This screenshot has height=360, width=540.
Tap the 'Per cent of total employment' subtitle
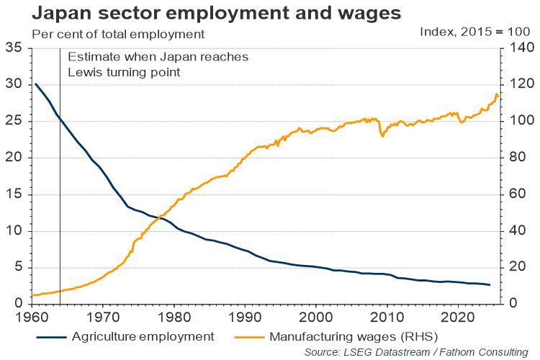118,34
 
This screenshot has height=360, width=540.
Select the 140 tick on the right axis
516,48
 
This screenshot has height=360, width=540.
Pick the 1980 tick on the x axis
174,316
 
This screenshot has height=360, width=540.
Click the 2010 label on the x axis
387,316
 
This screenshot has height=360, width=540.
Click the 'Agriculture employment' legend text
143,336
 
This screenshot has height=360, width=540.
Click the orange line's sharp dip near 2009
382,135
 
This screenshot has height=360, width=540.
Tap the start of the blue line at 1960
36,84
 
